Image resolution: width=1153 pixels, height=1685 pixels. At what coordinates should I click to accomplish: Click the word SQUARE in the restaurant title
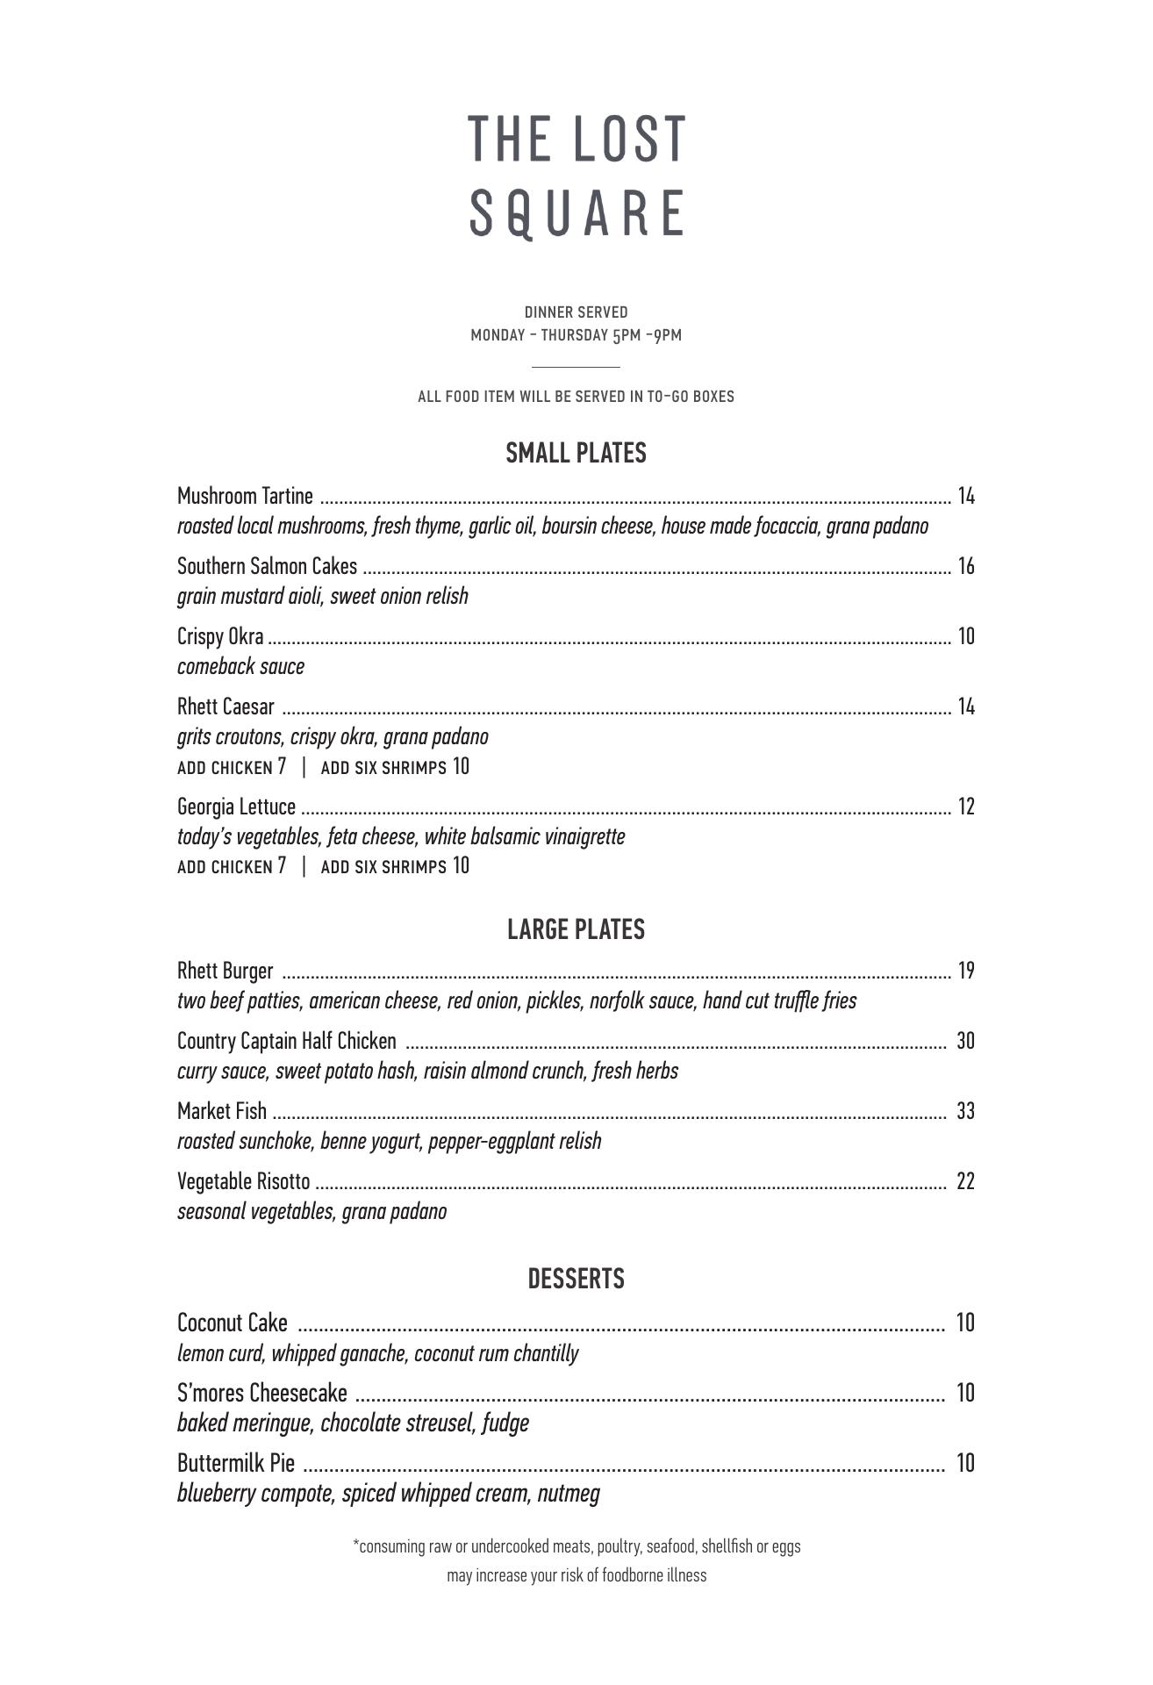tap(576, 213)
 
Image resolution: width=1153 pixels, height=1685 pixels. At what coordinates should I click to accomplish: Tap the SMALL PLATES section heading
tap(576, 453)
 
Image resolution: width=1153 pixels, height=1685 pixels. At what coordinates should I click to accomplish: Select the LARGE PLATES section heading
tap(576, 929)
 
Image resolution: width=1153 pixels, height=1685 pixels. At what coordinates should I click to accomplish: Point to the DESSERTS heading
tap(576, 1279)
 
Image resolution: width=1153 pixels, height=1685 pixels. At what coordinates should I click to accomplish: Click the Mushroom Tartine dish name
tap(245, 497)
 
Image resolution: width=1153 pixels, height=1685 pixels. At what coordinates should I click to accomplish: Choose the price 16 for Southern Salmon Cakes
tap(965, 566)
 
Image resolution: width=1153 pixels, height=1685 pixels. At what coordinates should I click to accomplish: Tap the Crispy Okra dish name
tap(220, 636)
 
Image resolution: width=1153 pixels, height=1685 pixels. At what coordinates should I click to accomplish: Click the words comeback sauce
tap(240, 666)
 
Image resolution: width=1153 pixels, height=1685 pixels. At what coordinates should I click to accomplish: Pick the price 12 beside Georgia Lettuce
tap(965, 807)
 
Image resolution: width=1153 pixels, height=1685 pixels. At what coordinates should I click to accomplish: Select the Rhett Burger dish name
tap(226, 971)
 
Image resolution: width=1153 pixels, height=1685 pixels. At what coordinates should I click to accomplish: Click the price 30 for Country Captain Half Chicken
tap(965, 1041)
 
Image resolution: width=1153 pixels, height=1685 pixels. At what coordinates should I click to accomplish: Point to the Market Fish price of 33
tap(965, 1111)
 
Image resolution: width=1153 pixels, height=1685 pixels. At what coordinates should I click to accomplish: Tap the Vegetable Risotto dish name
tap(243, 1181)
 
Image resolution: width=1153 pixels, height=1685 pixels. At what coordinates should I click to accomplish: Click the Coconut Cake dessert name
tap(233, 1323)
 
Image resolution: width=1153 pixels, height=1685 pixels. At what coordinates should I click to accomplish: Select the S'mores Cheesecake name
tap(261, 1393)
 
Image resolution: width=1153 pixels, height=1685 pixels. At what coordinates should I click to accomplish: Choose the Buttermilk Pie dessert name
tap(236, 1463)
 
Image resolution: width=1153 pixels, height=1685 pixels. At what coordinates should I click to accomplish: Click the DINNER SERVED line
tap(576, 312)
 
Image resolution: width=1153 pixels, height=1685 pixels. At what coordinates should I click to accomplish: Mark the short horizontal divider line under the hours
tap(576, 367)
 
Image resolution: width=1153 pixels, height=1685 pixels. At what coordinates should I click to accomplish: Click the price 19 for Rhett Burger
tap(965, 971)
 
